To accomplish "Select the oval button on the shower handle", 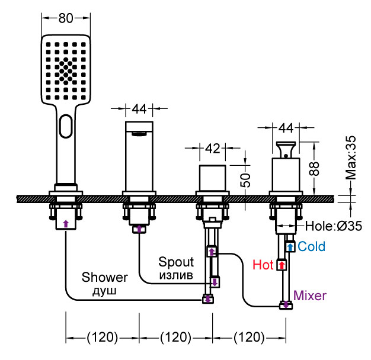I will click(x=66, y=125).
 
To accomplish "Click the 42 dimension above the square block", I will click(x=212, y=148).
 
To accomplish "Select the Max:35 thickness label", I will click(x=352, y=157).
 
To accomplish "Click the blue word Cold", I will click(x=311, y=246).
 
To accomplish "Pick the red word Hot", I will click(x=263, y=265).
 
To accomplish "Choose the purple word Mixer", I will click(x=311, y=294).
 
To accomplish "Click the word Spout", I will click(x=176, y=261).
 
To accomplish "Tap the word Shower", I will click(x=105, y=277).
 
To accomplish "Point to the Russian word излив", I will click(x=175, y=274).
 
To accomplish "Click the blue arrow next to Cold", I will click(x=290, y=246).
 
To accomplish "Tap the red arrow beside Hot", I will click(x=282, y=265).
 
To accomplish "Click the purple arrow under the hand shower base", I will click(x=65, y=223).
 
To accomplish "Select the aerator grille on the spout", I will click(x=140, y=133).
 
